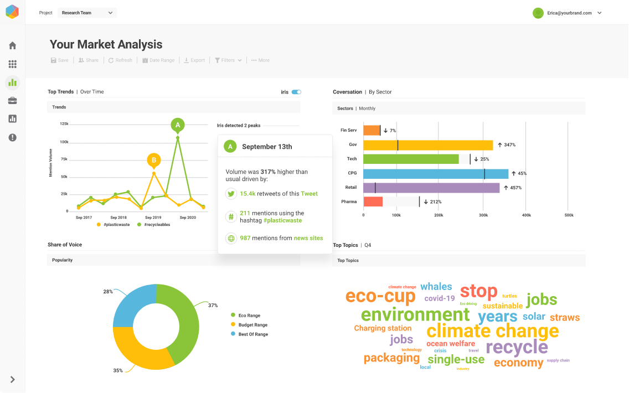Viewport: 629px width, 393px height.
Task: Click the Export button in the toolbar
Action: coord(194,60)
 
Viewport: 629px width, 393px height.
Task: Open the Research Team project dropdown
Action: coord(87,13)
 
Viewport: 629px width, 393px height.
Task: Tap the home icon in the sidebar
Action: coord(12,45)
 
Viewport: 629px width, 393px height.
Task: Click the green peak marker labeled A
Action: coord(178,125)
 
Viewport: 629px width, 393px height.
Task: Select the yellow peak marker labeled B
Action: coord(154,161)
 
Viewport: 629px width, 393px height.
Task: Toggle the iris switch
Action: coord(296,92)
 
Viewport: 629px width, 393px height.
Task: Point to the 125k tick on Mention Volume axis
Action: coord(64,124)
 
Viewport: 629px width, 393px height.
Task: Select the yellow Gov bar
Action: coord(427,145)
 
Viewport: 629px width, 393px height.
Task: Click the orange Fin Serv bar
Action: coord(372,131)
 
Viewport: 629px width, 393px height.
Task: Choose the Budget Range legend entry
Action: coord(252,325)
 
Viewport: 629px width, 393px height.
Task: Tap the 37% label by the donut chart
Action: coord(213,305)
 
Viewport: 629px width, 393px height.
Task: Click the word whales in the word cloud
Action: coord(436,287)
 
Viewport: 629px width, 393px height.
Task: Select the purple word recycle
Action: coord(517,348)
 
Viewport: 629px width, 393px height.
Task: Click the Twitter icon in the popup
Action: coord(231,194)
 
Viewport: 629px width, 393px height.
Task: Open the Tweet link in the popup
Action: coord(309,194)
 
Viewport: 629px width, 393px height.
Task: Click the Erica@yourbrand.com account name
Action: coord(569,13)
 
